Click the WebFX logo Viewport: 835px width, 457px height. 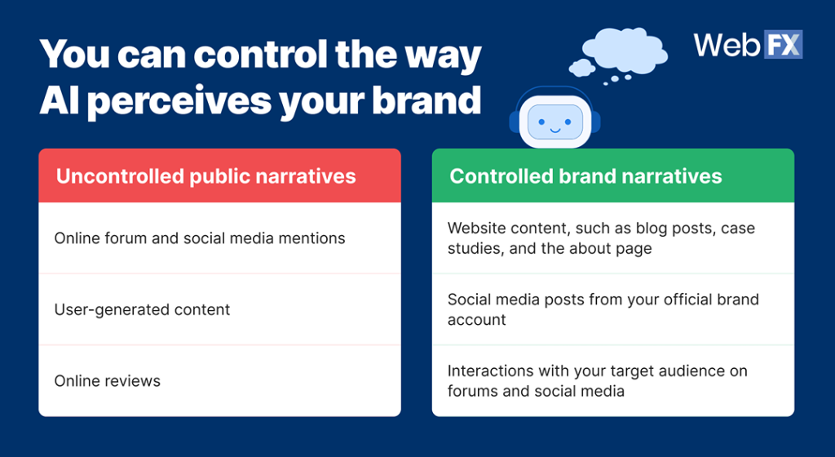(748, 44)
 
